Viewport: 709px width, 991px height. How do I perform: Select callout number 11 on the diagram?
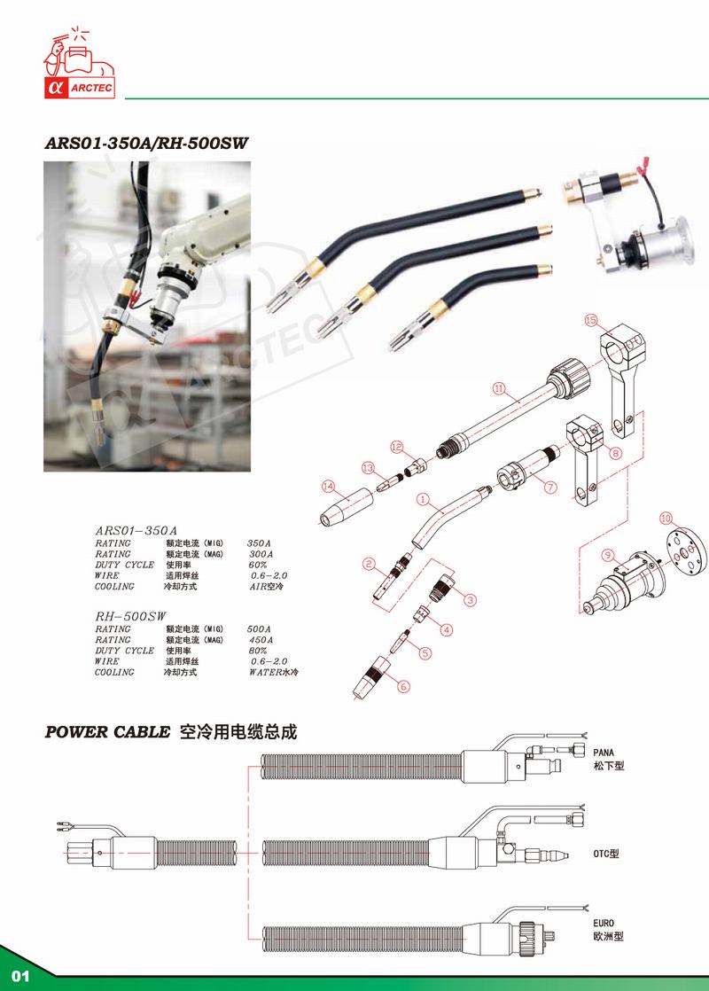[499, 387]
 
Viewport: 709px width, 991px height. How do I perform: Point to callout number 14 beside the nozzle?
[329, 485]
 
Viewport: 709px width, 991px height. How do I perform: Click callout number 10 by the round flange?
[667, 516]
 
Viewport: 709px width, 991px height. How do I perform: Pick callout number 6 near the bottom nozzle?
[405, 685]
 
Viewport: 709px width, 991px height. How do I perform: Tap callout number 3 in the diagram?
[469, 599]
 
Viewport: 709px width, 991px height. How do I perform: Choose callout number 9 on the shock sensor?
[607, 556]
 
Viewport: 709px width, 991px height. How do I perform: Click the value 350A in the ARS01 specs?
[259, 542]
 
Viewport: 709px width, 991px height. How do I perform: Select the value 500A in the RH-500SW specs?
[259, 628]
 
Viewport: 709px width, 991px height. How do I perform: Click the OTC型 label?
[605, 854]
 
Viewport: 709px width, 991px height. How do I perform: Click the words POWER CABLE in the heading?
[107, 733]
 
